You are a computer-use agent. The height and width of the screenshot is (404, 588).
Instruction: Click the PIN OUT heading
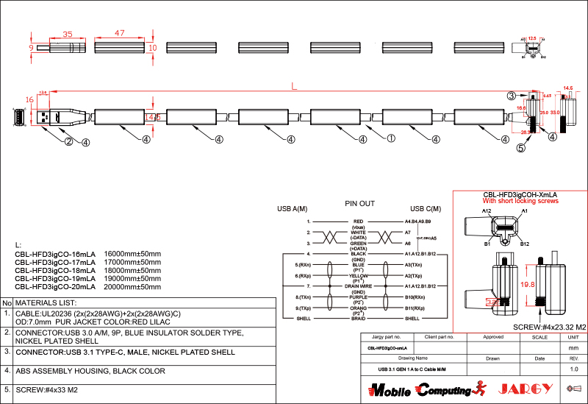click(x=360, y=203)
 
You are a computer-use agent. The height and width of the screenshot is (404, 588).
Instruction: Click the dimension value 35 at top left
click(x=67, y=34)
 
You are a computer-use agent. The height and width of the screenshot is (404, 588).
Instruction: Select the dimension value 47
click(x=120, y=34)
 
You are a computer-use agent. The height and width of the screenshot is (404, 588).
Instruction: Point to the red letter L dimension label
click(x=294, y=87)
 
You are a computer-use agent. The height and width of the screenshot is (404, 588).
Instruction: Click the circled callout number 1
click(x=391, y=138)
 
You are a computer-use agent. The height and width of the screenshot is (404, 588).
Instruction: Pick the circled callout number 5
click(x=520, y=147)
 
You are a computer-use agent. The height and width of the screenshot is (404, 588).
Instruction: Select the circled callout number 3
click(x=511, y=96)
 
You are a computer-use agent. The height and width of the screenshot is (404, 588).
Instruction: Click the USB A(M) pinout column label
click(x=292, y=208)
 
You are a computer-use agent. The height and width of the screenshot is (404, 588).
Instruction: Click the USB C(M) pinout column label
click(x=426, y=208)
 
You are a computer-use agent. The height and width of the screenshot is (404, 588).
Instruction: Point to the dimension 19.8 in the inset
click(x=506, y=284)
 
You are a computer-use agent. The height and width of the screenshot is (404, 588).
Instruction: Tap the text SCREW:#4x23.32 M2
click(x=548, y=327)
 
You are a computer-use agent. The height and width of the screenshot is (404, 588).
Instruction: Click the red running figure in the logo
click(x=481, y=387)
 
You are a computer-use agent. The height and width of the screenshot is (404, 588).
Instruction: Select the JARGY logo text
click(x=526, y=389)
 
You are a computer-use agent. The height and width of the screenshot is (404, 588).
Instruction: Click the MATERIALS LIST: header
click(x=46, y=302)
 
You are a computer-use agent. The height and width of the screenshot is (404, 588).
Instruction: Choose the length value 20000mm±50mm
click(x=133, y=287)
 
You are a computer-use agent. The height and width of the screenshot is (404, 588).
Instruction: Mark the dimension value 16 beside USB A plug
click(x=29, y=99)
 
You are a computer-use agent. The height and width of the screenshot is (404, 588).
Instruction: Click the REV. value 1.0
click(x=574, y=369)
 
